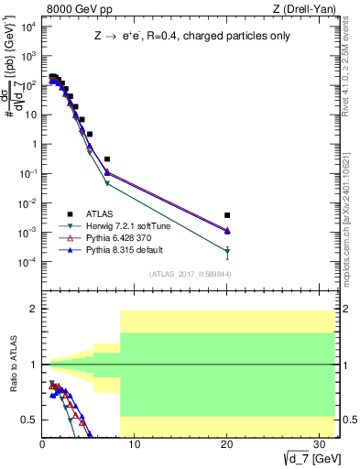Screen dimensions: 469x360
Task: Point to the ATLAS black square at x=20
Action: [x=227, y=215]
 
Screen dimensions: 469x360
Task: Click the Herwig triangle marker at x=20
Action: [x=227, y=252]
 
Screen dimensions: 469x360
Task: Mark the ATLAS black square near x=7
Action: [x=107, y=159]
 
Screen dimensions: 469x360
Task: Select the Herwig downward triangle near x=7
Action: [x=107, y=183]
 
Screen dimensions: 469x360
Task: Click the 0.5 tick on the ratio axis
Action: [x=30, y=420]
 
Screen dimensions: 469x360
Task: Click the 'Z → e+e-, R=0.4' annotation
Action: [x=187, y=38]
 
